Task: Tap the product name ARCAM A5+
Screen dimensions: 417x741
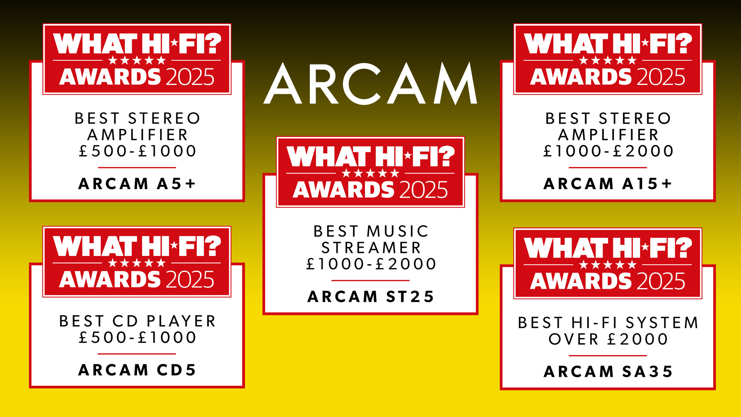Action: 137,184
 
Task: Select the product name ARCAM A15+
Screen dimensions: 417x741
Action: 608,184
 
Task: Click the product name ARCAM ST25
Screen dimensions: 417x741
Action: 370,297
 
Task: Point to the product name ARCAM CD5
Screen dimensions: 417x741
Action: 137,370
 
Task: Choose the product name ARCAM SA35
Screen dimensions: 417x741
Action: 608,371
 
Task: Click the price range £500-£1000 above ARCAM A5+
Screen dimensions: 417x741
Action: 137,151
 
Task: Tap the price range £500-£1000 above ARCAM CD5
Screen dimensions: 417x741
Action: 137,337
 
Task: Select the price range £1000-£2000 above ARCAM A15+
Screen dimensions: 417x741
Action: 608,151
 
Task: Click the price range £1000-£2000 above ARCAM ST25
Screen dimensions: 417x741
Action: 371,264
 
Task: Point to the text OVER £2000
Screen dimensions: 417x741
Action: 608,339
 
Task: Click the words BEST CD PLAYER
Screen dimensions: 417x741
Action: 137,321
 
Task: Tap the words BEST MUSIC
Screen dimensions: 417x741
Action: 371,231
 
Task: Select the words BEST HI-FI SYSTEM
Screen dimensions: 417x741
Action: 608,323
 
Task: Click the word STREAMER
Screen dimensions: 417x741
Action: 371,248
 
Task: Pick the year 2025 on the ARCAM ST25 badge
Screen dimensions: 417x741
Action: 423,190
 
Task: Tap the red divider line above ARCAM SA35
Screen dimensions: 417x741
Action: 608,356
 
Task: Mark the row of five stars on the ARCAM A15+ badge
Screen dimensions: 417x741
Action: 608,60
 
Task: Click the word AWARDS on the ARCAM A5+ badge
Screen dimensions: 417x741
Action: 110,77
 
